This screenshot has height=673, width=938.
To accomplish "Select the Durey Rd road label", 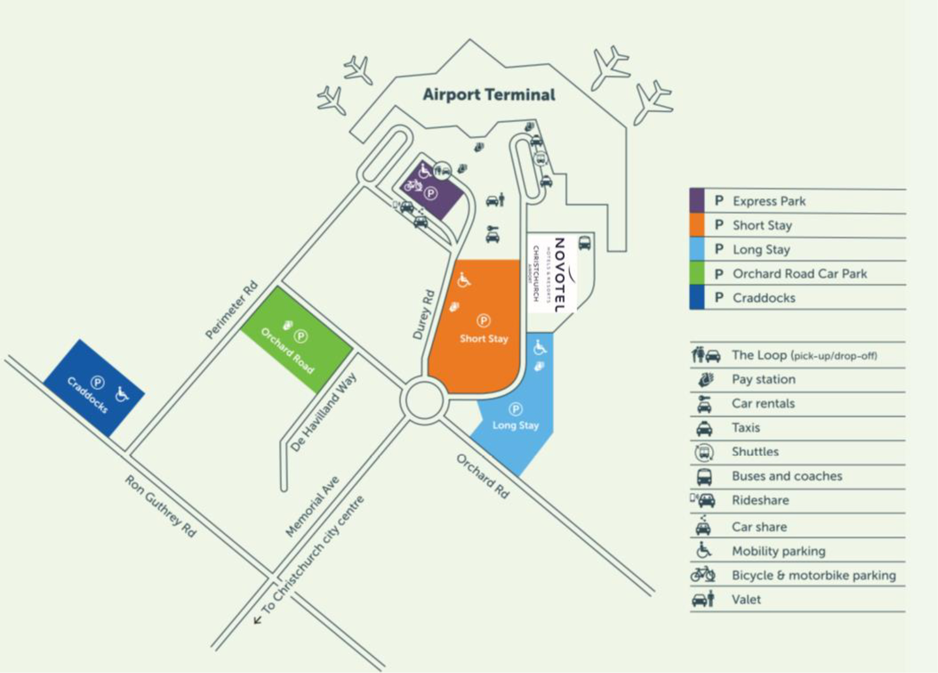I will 424,315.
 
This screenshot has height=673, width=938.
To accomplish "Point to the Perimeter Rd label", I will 231,310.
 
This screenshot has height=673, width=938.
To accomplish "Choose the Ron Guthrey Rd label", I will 161,506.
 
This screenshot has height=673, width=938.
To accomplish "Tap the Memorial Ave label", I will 313,506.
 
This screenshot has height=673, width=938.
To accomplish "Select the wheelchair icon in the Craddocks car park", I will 121,394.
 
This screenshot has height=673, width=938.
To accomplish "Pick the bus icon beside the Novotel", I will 584,243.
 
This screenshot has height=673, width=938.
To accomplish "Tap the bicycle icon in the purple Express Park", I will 414,186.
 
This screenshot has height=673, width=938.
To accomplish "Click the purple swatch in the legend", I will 696,201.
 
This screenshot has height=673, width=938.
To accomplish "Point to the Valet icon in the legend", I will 703,599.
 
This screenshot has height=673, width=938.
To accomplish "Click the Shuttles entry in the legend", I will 755,451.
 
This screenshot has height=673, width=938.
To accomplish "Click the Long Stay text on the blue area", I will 515,425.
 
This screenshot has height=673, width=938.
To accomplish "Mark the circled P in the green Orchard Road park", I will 301,336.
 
